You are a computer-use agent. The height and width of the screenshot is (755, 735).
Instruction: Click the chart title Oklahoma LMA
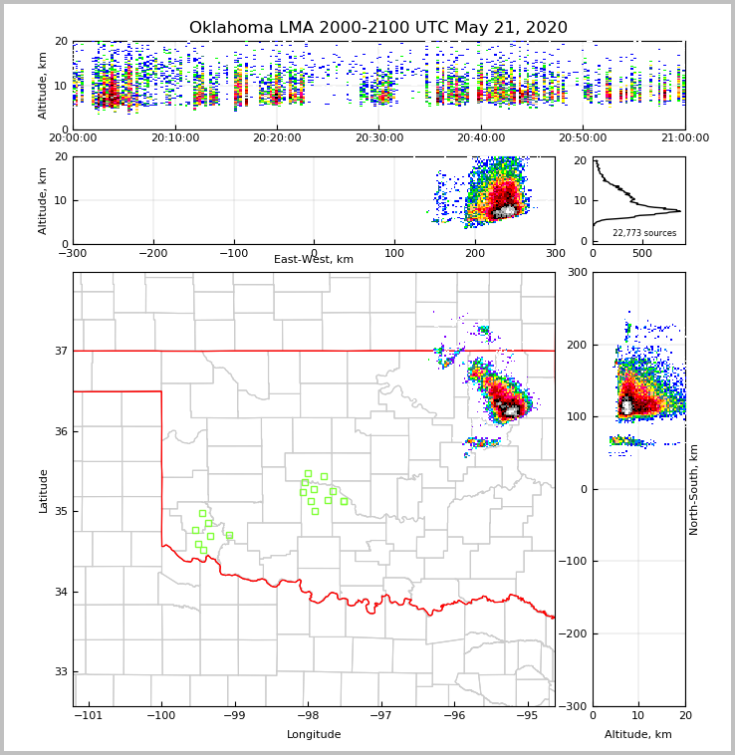[x=377, y=28]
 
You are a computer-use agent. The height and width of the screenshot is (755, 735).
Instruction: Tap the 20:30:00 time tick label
[x=379, y=138]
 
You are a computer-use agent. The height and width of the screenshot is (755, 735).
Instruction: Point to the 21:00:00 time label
[x=685, y=138]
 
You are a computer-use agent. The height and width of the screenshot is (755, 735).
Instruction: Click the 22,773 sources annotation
[x=644, y=233]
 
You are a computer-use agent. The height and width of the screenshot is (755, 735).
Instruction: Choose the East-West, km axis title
[x=314, y=259]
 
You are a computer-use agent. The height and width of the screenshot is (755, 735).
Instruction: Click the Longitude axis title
[x=314, y=734]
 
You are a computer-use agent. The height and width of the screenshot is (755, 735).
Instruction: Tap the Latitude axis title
[x=43, y=490]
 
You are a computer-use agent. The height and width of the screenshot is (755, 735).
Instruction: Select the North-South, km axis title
[x=694, y=489]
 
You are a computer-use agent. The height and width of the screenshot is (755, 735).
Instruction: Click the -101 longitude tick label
[x=89, y=715]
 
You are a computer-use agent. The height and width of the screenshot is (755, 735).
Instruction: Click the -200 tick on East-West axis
[x=151, y=253]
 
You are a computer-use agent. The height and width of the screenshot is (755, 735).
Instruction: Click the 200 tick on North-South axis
[x=578, y=345]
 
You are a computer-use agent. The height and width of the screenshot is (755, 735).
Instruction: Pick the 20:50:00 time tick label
[x=583, y=138]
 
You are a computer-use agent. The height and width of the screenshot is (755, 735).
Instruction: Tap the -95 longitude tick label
[x=526, y=715]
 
